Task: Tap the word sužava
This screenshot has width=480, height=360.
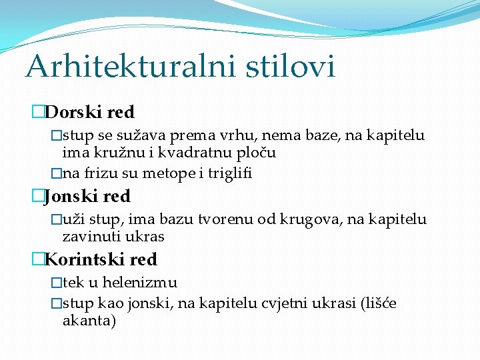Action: point(144,136)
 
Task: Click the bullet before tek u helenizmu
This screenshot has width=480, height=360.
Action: point(56,283)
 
